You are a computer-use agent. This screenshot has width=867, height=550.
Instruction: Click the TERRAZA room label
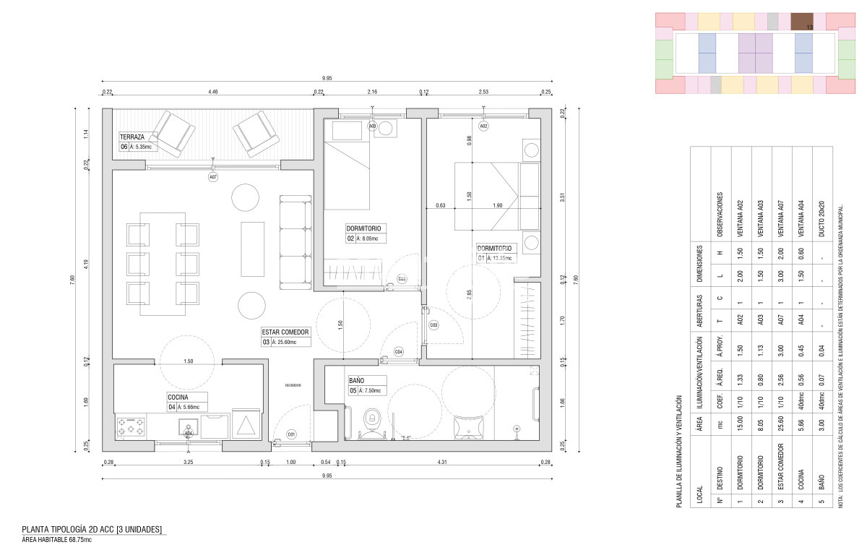coord(134,137)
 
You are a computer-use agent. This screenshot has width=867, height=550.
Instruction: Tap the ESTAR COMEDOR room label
coord(285,332)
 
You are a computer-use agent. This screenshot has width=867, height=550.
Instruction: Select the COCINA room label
coord(178,397)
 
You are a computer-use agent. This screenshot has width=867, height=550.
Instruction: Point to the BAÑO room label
coord(356,380)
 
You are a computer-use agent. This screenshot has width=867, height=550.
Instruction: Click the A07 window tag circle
coord(213,176)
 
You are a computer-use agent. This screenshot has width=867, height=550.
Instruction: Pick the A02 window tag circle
coord(483,126)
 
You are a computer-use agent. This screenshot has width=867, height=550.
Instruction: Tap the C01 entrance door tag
coord(291,434)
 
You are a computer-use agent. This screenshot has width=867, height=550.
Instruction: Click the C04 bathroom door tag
coord(398,352)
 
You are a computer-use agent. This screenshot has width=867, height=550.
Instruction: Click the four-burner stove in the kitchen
coord(131,426)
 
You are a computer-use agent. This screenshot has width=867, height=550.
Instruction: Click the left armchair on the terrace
coord(176,132)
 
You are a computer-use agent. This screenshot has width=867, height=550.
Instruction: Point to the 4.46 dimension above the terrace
coord(213,93)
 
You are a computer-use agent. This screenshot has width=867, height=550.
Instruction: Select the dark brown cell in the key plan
coord(801,21)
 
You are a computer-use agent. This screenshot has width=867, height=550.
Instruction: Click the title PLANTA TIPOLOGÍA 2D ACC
coord(92,529)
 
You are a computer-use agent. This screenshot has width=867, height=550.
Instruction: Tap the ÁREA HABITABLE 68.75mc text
coord(56,539)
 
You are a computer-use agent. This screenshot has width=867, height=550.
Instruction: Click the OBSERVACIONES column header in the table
coord(719,207)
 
